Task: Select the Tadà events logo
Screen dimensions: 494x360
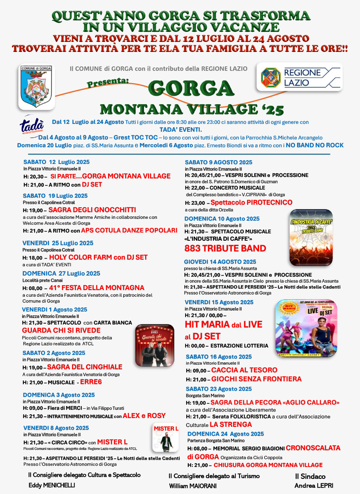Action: point(32,126)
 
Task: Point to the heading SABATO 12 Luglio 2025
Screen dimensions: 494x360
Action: point(56,162)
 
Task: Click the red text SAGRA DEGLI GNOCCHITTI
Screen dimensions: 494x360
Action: point(92,210)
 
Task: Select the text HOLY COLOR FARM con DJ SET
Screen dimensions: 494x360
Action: point(98,257)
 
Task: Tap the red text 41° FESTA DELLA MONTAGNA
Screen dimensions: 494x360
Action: point(96,288)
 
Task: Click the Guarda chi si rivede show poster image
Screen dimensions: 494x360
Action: point(155,345)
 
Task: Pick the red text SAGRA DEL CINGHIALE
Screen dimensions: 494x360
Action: point(85,367)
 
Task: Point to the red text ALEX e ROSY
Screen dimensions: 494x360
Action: point(144,416)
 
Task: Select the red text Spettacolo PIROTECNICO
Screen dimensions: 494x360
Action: point(251,202)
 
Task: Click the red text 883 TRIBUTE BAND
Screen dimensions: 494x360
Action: point(225,248)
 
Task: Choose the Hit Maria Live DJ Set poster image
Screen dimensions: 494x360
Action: point(306,328)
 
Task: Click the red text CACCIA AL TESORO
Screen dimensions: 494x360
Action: point(244,370)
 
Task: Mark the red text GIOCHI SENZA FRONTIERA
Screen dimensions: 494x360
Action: point(256,379)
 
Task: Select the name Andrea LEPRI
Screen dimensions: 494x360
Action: point(314,485)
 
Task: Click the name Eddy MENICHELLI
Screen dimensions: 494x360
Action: point(52,485)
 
